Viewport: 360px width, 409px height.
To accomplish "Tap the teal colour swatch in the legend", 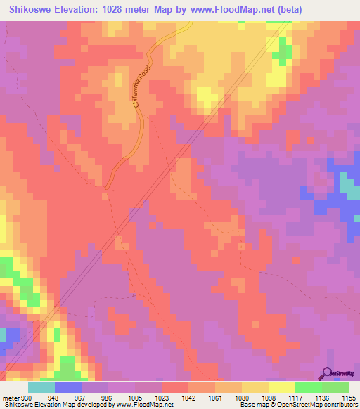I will click(41, 387).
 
